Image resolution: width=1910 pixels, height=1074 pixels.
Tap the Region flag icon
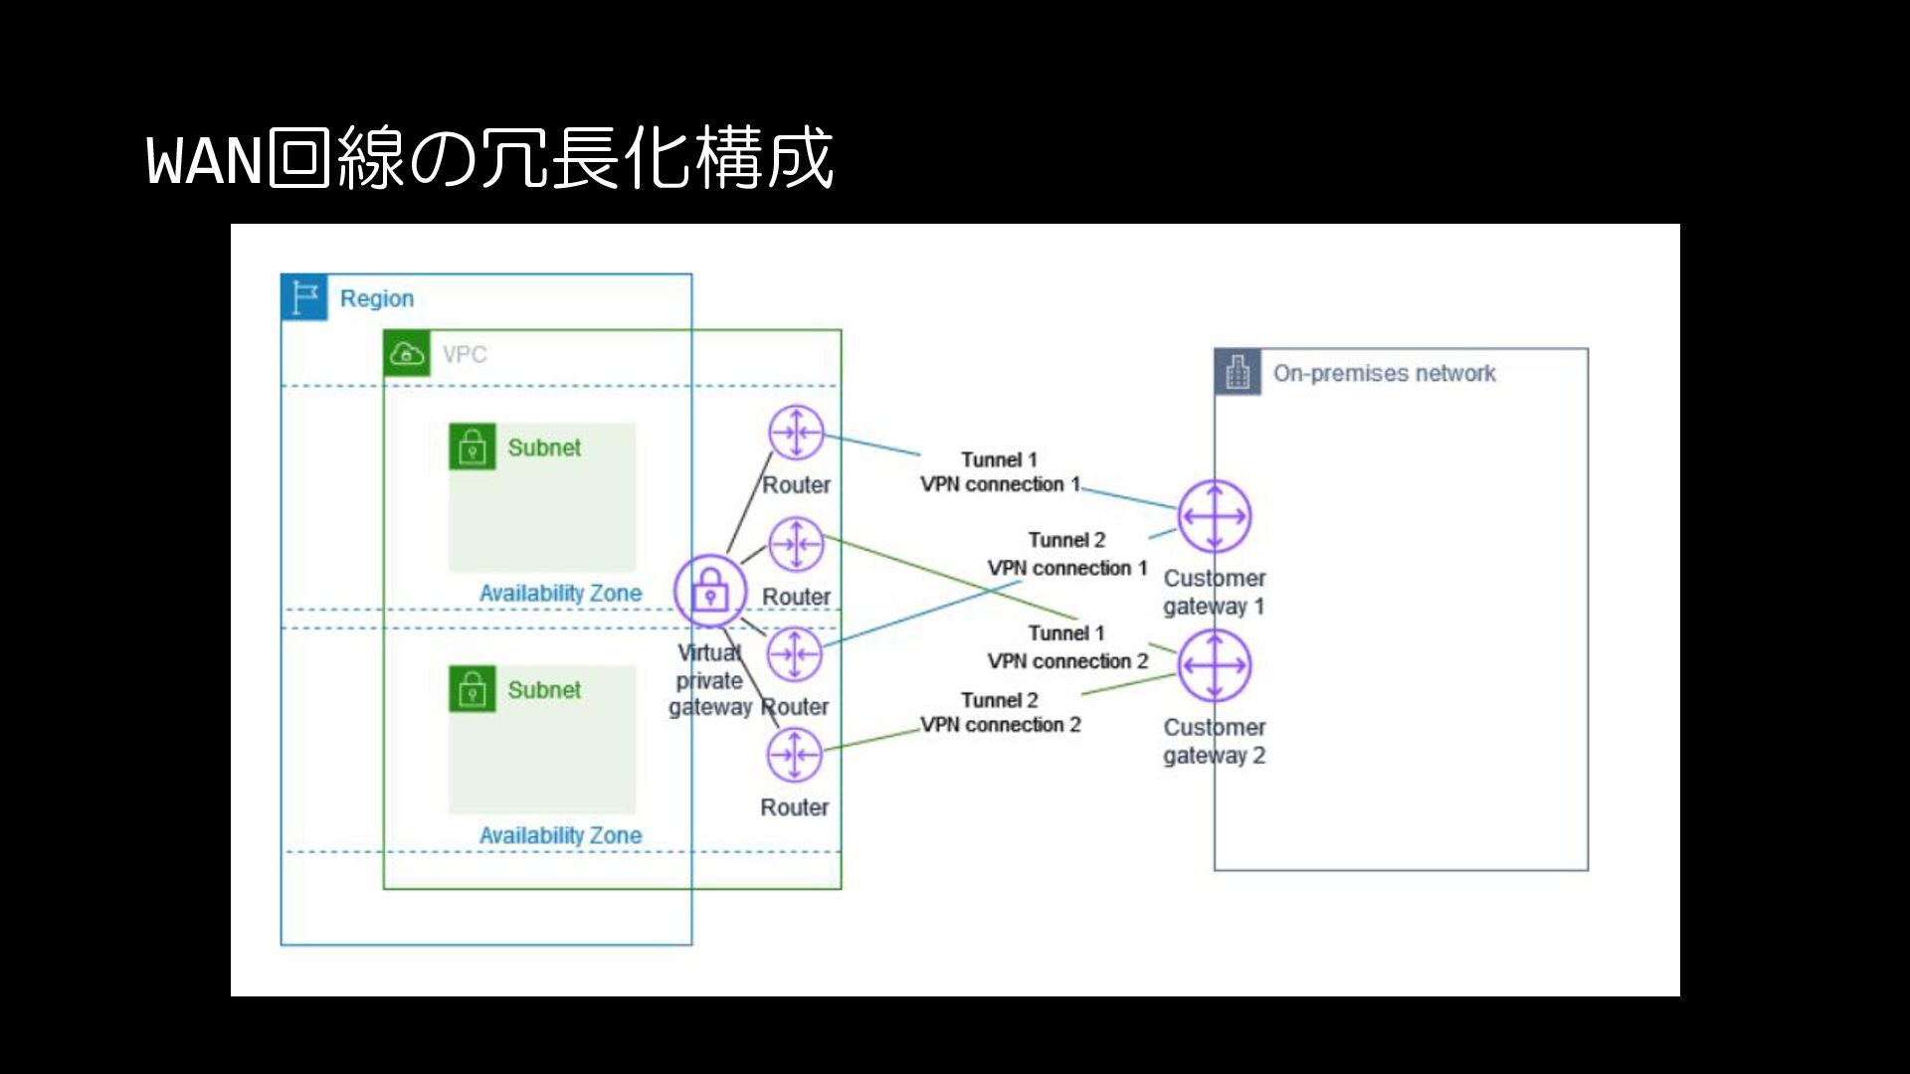coord(304,297)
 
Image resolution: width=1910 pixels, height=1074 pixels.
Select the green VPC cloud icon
coord(407,354)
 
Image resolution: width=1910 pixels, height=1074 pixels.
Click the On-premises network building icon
coord(1238,373)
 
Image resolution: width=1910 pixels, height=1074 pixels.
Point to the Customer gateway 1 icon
coord(1214,516)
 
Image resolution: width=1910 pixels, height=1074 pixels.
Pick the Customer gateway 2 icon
coord(1214,665)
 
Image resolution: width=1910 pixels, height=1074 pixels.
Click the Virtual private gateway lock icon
coord(709,591)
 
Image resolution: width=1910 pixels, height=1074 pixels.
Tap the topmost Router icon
coord(796,433)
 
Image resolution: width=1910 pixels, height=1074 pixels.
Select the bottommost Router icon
coord(794,755)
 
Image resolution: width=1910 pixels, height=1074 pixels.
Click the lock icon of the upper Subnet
coord(473,447)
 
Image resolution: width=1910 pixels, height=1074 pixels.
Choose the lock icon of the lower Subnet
coord(473,689)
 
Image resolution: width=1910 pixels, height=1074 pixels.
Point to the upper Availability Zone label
coord(560,594)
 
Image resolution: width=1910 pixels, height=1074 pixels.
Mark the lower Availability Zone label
coord(560,835)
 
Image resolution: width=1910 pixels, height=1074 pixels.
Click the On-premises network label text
coord(1384,374)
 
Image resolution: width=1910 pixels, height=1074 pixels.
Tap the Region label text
coord(376,298)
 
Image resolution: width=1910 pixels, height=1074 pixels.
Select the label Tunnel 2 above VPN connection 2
coord(999,700)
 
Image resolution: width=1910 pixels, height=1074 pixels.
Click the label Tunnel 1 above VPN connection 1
coord(999,459)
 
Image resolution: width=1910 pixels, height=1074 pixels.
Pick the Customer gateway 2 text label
coord(1214,742)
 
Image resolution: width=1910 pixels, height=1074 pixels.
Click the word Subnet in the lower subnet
coord(544,690)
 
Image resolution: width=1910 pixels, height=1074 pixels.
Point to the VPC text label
coord(465,355)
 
